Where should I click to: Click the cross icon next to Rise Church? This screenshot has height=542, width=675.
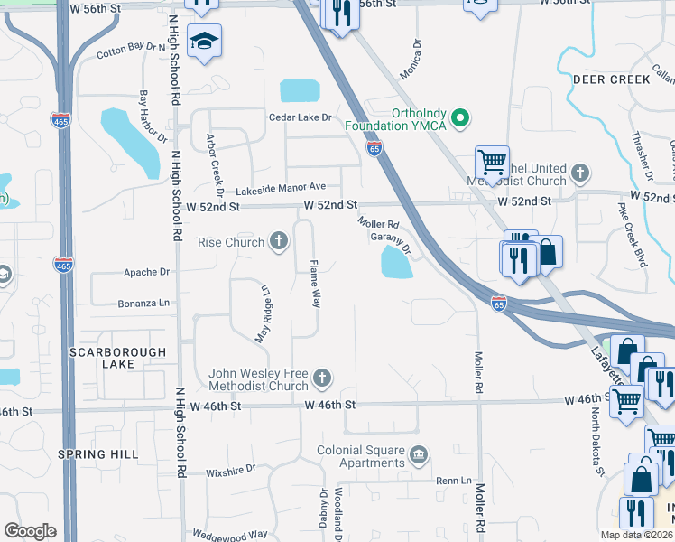click(x=280, y=241)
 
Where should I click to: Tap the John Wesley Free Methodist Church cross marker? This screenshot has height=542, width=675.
click(x=321, y=378)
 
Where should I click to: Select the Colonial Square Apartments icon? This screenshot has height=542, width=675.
click(x=418, y=453)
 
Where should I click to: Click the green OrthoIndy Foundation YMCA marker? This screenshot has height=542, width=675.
click(x=460, y=118)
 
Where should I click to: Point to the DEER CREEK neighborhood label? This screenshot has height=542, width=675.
click(x=611, y=79)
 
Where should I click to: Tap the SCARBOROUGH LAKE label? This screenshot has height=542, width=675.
click(x=117, y=358)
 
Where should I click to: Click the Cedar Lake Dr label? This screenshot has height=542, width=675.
click(x=301, y=117)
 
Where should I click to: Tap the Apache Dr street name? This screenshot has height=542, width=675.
click(x=147, y=272)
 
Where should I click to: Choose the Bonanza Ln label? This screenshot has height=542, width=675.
click(x=143, y=304)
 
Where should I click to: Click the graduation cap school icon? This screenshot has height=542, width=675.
click(x=205, y=41)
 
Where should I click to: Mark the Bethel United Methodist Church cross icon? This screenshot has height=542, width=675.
click(x=581, y=172)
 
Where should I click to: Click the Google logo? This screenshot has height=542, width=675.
click(x=30, y=531)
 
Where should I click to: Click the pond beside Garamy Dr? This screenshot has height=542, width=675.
click(x=396, y=264)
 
